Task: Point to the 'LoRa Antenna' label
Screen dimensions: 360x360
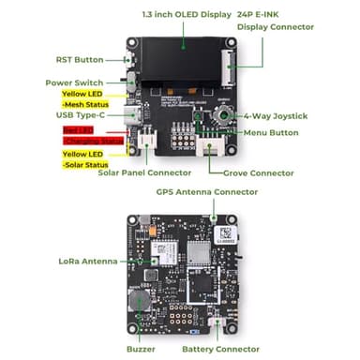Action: tap(86, 261)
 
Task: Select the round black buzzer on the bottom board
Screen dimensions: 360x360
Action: tap(142, 301)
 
